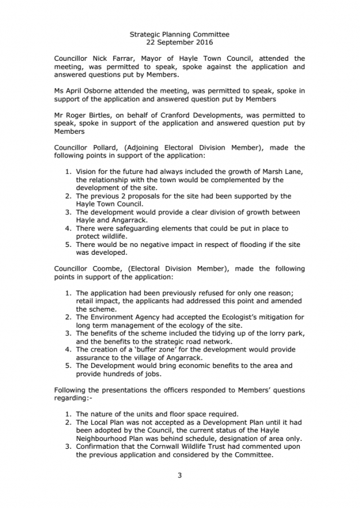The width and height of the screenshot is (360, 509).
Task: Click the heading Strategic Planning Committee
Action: [x=179, y=34]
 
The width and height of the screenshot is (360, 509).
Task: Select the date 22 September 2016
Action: [x=179, y=42]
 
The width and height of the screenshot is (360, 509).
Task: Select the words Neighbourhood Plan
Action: [x=115, y=439]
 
